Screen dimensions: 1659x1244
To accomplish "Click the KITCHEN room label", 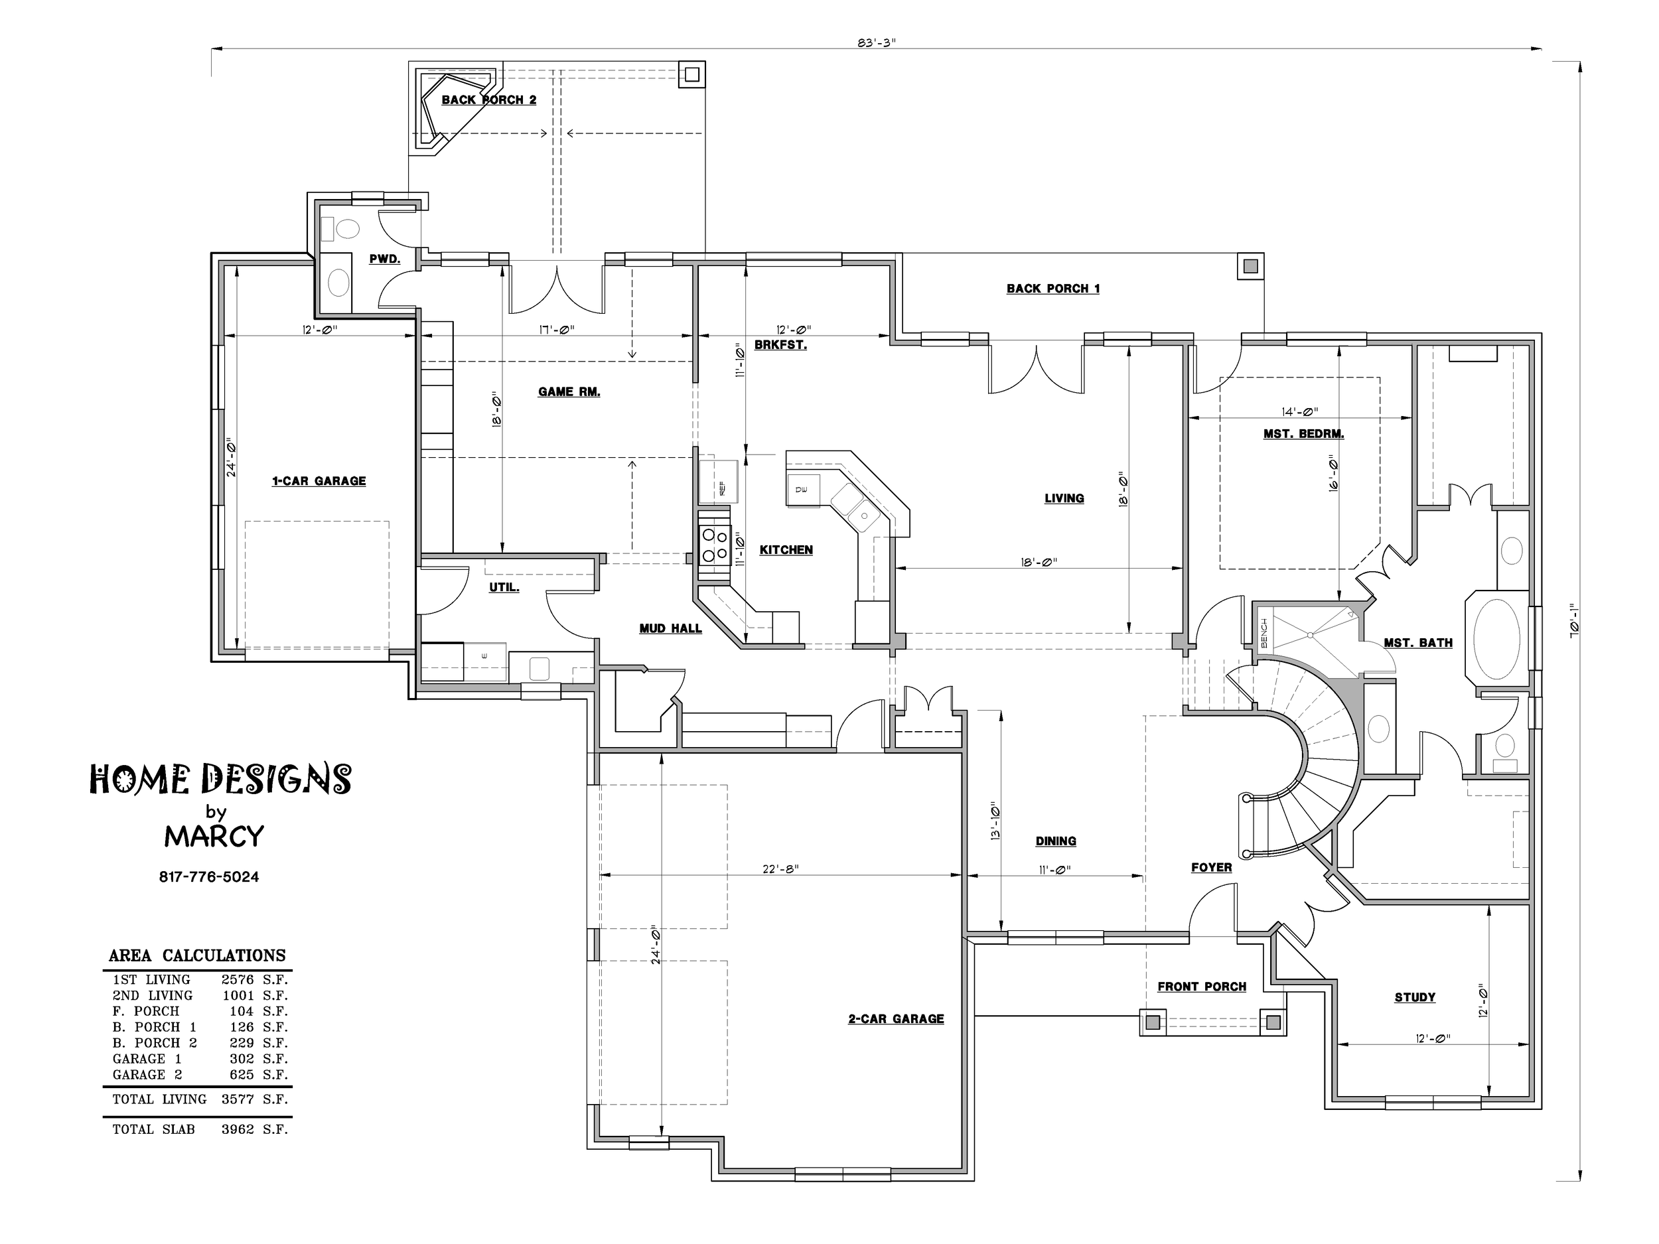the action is click(786, 549).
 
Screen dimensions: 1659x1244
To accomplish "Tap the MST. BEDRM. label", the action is click(1303, 433).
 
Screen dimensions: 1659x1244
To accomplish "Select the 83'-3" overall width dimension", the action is click(877, 42).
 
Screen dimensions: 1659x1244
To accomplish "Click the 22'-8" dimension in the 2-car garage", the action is click(781, 868).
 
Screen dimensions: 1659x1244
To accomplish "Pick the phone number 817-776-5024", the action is click(209, 876).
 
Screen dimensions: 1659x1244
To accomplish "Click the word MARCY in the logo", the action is click(214, 836).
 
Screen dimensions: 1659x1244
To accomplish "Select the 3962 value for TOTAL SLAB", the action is click(238, 1129).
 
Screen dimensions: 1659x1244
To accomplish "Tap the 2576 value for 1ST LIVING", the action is click(238, 979).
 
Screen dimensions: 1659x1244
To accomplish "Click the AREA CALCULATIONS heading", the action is click(197, 955).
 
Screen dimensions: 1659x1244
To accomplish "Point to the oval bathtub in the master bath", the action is click(1497, 638).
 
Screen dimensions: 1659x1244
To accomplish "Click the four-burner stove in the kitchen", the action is click(714, 545).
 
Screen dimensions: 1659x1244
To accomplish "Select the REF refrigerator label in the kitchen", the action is click(722, 488).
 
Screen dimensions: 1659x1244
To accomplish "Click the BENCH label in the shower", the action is click(1263, 633).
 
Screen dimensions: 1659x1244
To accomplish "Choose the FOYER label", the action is click(1211, 868).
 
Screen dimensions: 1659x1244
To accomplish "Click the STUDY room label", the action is click(1415, 997).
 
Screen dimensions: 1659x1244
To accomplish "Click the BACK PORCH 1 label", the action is click(1053, 289).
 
